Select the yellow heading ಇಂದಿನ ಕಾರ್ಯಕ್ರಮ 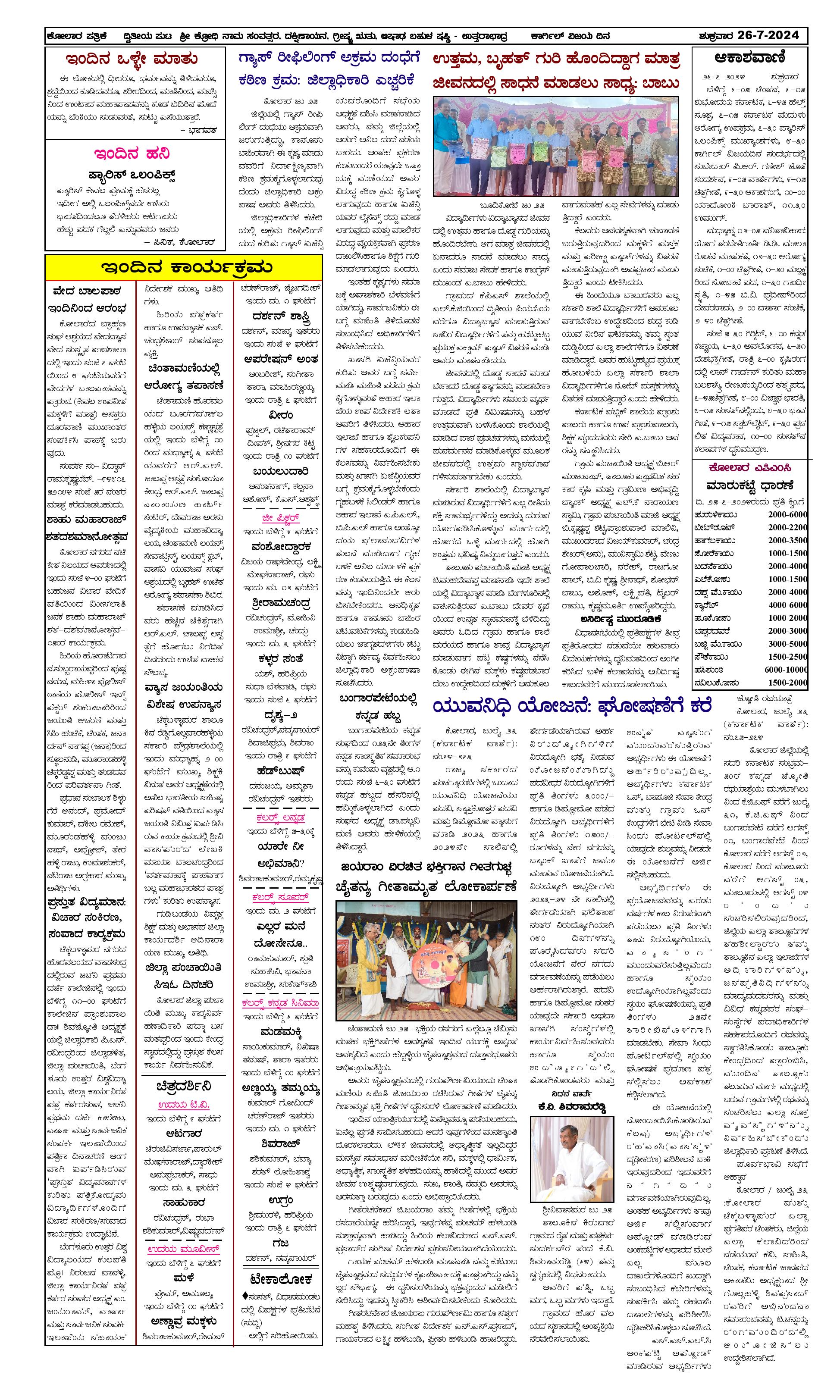click(183, 267)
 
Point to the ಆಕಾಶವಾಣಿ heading click(750, 58)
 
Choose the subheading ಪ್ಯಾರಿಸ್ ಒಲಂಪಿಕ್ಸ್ click(132, 175)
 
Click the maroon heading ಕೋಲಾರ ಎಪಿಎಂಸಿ click(749, 467)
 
